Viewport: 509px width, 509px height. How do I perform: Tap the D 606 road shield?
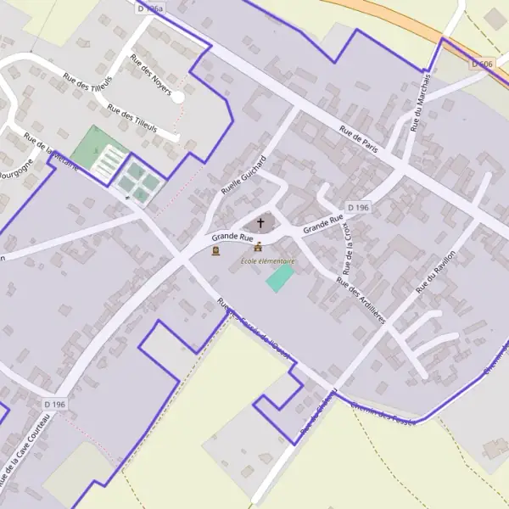click(x=482, y=64)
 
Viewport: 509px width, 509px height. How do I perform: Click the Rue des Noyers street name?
click(x=150, y=75)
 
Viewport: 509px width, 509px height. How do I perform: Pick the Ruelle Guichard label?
click(x=243, y=176)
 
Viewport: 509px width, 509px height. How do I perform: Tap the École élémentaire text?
click(x=267, y=261)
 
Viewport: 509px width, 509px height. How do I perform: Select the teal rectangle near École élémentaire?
click(x=280, y=279)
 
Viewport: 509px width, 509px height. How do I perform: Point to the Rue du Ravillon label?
click(x=436, y=271)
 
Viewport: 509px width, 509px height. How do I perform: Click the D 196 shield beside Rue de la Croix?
click(x=358, y=207)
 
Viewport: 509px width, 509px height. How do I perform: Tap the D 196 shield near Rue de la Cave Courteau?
click(x=52, y=405)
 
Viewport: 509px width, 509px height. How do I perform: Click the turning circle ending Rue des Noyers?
click(x=178, y=98)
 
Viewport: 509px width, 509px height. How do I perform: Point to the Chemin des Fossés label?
click(x=386, y=415)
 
